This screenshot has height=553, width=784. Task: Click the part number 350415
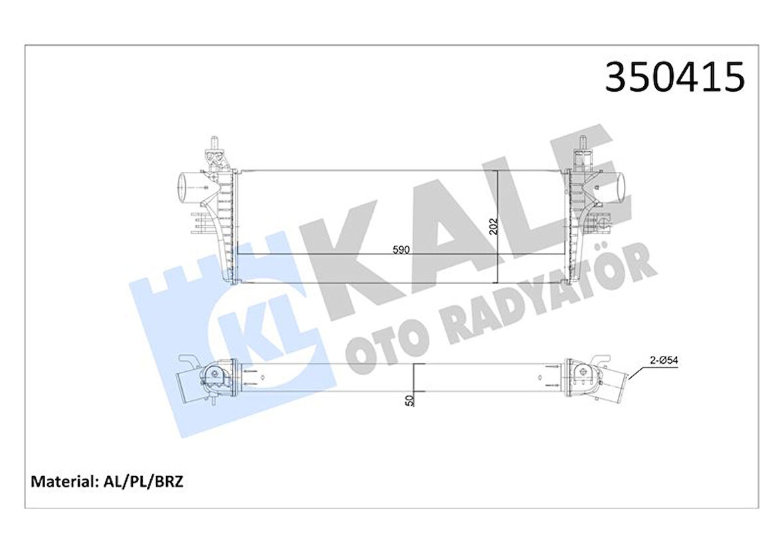(674, 77)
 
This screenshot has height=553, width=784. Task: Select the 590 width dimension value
(401, 250)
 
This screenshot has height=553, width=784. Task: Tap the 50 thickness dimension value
(409, 400)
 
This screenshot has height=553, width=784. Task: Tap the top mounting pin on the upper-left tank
(214, 142)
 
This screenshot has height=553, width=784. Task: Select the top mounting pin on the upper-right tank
(583, 142)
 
